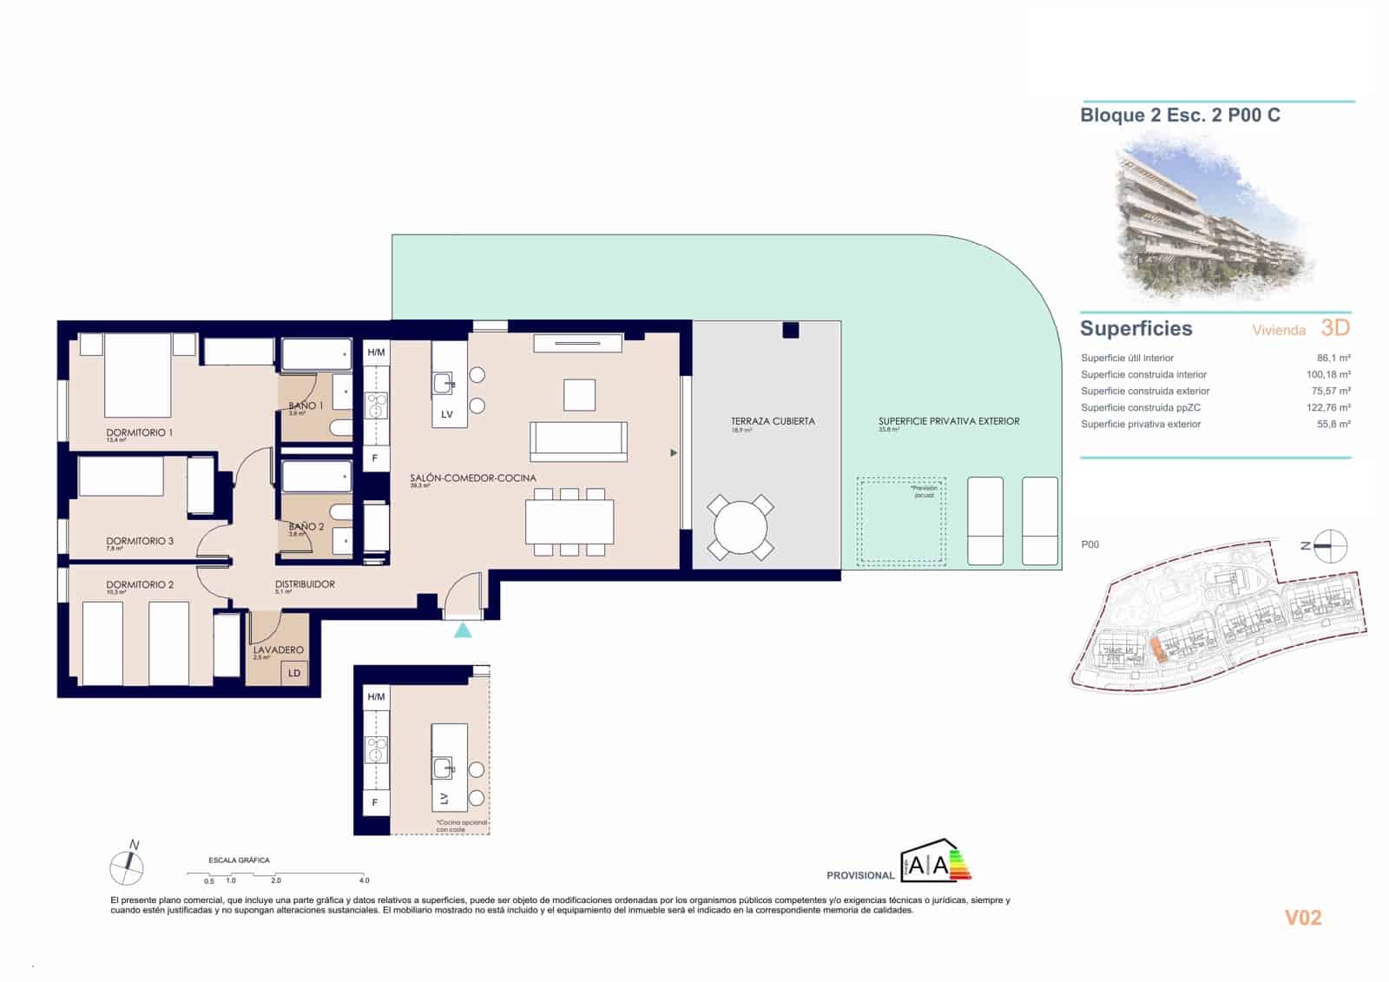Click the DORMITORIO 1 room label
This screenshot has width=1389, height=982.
139,432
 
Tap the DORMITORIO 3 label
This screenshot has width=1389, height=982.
139,541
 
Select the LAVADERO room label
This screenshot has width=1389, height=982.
278,649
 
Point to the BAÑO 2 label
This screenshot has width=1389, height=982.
306,527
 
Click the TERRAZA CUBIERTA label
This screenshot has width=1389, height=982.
773,421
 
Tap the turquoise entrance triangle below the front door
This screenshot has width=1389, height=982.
463,629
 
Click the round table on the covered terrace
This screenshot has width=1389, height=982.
741,527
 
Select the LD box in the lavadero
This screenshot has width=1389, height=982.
294,673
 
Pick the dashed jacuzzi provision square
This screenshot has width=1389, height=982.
901,521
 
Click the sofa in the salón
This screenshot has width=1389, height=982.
578,440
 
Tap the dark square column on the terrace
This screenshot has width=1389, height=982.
790,330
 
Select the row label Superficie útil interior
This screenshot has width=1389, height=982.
1127,358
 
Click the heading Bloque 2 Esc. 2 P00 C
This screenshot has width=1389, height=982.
1180,115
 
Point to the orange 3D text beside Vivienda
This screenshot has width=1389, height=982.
1335,328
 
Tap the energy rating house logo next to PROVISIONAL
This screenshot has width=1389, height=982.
936,862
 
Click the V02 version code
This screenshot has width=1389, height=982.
1303,918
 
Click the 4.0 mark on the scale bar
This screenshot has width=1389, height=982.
365,880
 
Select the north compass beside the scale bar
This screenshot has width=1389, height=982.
128,866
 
